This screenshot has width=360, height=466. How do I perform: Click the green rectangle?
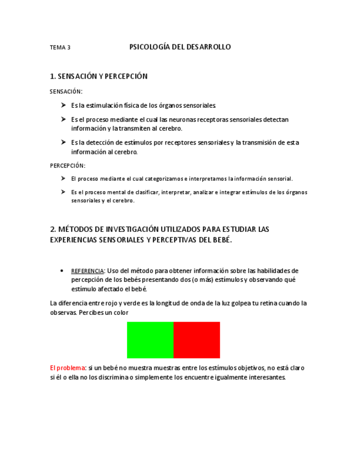150,340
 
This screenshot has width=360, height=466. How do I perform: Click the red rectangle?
197,340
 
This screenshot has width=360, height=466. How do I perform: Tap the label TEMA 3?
60,48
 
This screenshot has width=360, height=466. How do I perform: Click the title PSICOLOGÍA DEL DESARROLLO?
180,47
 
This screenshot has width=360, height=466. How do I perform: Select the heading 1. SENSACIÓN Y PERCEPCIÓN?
98,76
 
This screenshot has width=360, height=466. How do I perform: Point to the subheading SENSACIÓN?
66,91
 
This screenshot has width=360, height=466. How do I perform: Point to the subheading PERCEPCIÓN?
68,165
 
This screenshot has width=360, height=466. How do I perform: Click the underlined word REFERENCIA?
87,271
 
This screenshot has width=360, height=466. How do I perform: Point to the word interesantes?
267,378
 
